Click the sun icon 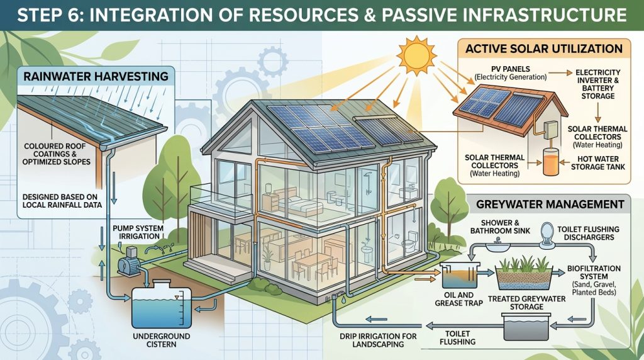pyautogui.click(x=416, y=55)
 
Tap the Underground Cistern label pyautogui.click(x=162, y=340)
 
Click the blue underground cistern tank pyautogui.click(x=162, y=303)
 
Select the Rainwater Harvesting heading pyautogui.click(x=96, y=76)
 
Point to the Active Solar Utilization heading pyautogui.click(x=544, y=48)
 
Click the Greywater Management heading pyautogui.click(x=550, y=205)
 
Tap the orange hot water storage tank pyautogui.click(x=550, y=162)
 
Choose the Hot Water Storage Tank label pyautogui.click(x=597, y=163)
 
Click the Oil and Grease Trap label pyautogui.click(x=458, y=299)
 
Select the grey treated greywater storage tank pyautogui.click(x=526, y=326)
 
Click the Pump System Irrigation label pyautogui.click(x=138, y=232)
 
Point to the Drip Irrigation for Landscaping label pyautogui.click(x=378, y=340)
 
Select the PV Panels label pyautogui.click(x=511, y=73)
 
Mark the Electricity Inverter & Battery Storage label pyautogui.click(x=597, y=84)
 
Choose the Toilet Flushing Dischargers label pyautogui.click(x=588, y=233)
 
